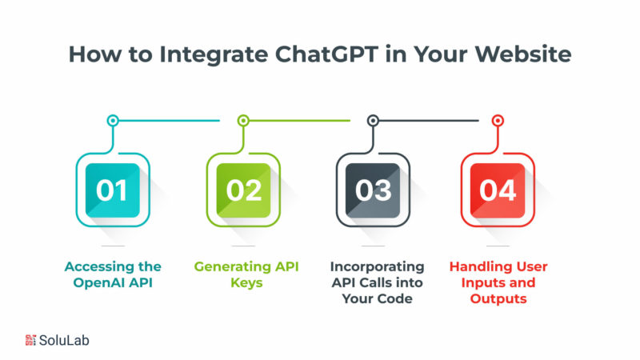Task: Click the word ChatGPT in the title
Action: [326, 54]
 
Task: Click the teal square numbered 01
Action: [113, 190]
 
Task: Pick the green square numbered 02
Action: [243, 190]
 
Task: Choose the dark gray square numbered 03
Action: [373, 190]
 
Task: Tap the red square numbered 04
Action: [498, 190]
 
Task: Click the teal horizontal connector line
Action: [169, 121]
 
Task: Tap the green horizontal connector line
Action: [299, 121]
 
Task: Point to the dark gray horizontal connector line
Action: [429, 121]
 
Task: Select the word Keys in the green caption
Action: [246, 283]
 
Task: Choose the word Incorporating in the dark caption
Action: [377, 267]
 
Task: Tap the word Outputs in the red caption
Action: [498, 298]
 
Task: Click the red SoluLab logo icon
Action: [30, 340]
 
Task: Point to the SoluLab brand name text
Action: [64, 340]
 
